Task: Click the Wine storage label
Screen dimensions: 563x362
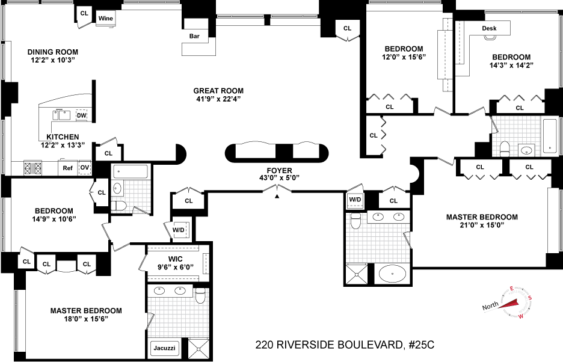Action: pyautogui.click(x=106, y=18)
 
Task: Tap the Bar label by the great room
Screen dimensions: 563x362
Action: pyautogui.click(x=194, y=36)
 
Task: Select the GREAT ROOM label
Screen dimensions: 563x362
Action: pyautogui.click(x=218, y=91)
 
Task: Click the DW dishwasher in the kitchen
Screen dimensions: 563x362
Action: pyautogui.click(x=82, y=115)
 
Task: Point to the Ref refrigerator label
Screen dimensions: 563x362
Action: pyautogui.click(x=67, y=168)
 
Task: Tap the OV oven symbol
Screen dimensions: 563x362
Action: pyautogui.click(x=85, y=168)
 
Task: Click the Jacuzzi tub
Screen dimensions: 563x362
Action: pyautogui.click(x=164, y=348)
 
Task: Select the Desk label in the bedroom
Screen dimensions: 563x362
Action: pyautogui.click(x=489, y=28)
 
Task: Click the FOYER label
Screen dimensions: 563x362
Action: pyautogui.click(x=279, y=171)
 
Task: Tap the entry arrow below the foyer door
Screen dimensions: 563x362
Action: pyautogui.click(x=277, y=196)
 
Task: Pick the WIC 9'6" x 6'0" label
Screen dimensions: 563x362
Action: pyautogui.click(x=176, y=263)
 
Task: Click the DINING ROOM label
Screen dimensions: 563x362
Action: pyautogui.click(x=53, y=52)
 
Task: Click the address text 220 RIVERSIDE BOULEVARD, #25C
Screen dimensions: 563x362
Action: pyautogui.click(x=345, y=345)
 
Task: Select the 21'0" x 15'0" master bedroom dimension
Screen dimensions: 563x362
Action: pyautogui.click(x=482, y=225)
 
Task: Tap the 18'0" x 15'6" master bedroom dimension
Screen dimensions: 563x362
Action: pyautogui.click(x=86, y=319)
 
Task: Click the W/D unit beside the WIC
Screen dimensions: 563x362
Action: pyautogui.click(x=179, y=230)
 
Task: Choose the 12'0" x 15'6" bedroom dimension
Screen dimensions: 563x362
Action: pyautogui.click(x=404, y=57)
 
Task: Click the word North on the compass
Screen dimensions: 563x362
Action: pyautogui.click(x=490, y=305)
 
